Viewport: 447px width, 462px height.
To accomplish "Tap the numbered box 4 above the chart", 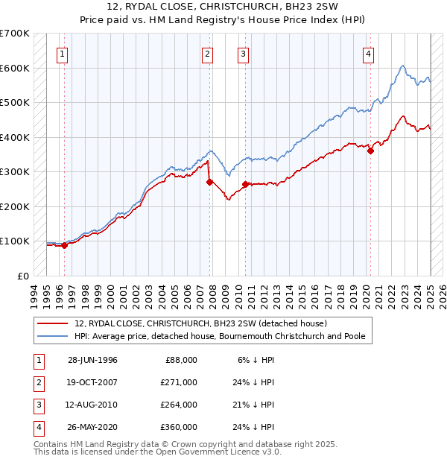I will [x=369, y=53].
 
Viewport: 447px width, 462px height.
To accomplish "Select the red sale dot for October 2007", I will [x=209, y=181].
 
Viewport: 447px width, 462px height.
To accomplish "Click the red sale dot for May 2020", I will [x=370, y=151].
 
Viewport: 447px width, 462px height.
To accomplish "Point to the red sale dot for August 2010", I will [x=245, y=183].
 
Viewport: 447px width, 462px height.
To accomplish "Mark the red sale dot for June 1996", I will [x=64, y=244].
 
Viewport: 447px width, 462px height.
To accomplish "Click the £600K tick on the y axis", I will [x=14, y=68].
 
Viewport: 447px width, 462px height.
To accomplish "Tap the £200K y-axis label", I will [x=14, y=206].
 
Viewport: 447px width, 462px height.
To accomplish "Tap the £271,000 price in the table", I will [x=179, y=382].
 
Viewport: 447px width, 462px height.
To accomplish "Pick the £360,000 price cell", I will [x=179, y=427].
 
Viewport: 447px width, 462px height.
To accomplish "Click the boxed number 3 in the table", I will [x=38, y=405].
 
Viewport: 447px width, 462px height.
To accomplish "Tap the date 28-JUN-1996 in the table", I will [x=92, y=360].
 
